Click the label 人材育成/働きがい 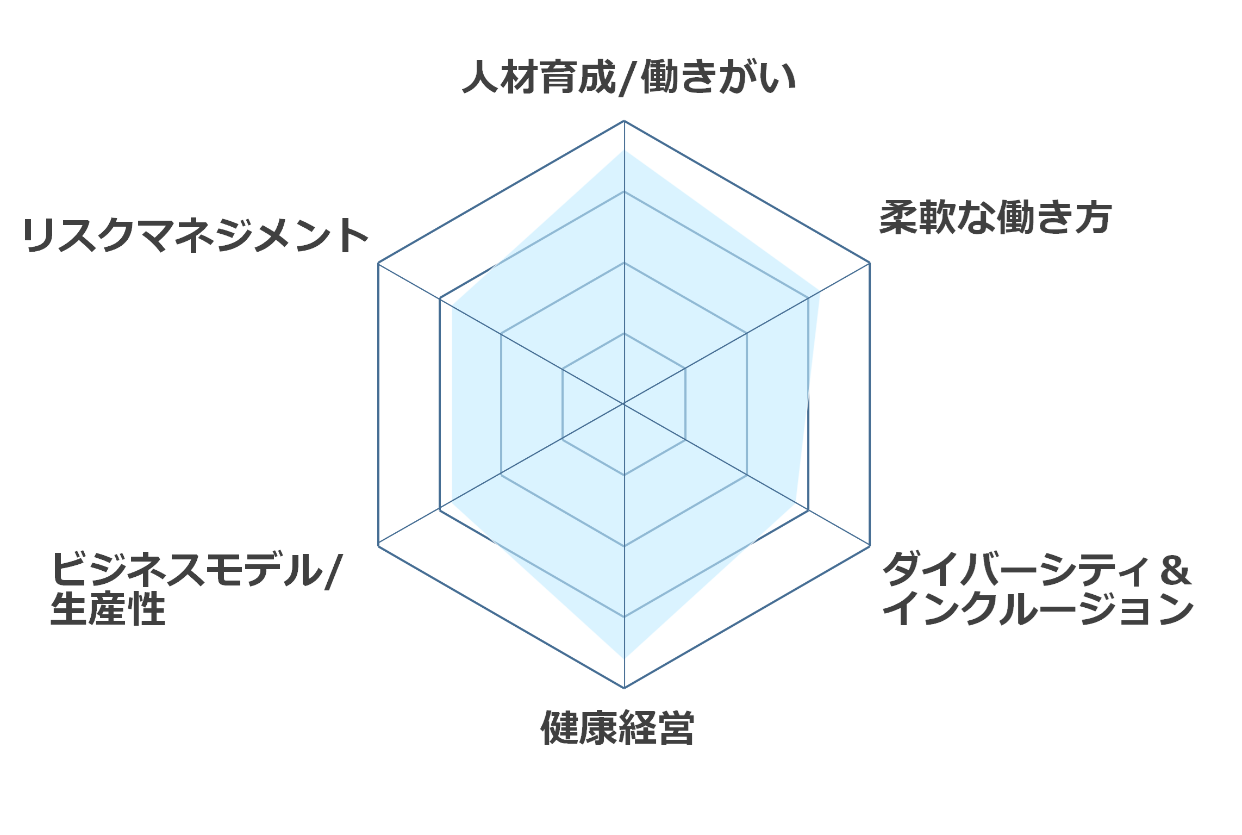(629, 78)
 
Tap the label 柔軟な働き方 (995, 218)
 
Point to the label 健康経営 (617, 727)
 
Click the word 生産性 (108, 609)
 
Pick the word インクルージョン (1038, 609)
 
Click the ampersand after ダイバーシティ (1176, 570)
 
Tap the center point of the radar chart (624, 404)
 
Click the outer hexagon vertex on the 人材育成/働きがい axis (624, 121)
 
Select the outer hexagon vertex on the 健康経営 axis (624, 688)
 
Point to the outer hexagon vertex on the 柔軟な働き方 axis (870, 263)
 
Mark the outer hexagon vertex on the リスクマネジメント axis (378, 263)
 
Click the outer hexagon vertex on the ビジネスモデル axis (378, 545)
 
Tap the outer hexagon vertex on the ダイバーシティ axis (870, 545)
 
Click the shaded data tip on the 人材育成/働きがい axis (624, 150)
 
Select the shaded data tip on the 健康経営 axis (624, 658)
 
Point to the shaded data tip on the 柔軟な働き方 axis (820, 291)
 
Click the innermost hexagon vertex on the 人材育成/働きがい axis (624, 333)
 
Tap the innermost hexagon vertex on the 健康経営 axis (624, 475)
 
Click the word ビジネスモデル (187, 570)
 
